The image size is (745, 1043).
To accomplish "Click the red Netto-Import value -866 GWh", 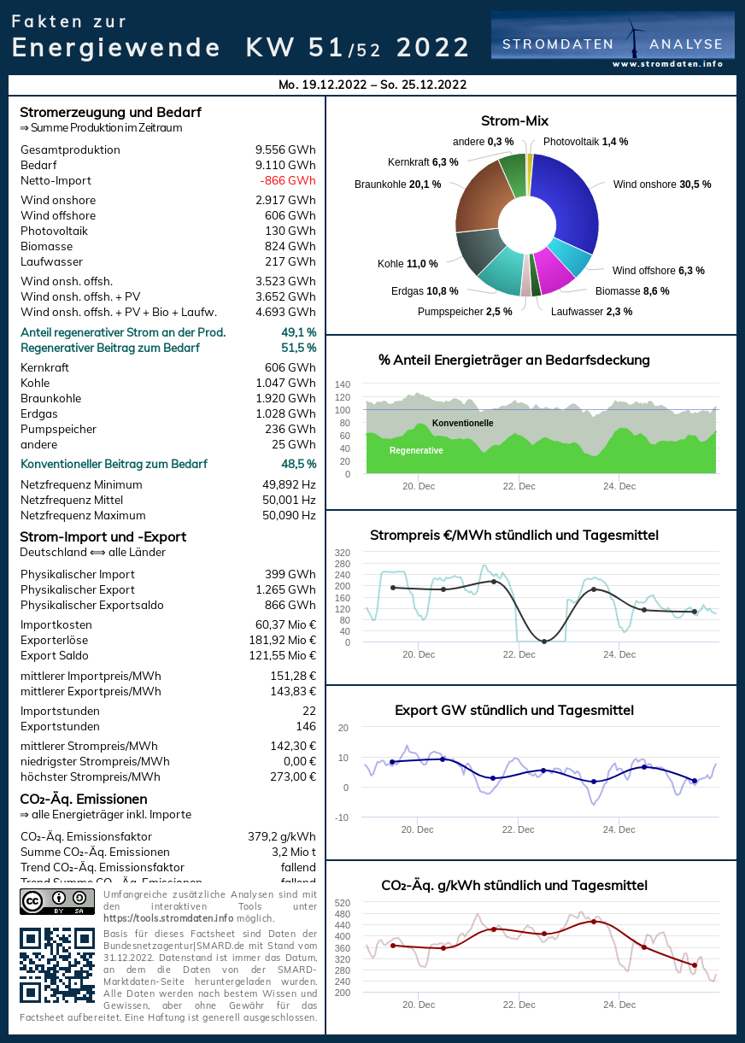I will tap(288, 181).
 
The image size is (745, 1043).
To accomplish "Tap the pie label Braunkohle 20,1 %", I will tap(397, 185).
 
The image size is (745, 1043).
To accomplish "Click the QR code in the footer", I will tap(57, 964).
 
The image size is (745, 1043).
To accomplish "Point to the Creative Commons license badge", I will tap(57, 902).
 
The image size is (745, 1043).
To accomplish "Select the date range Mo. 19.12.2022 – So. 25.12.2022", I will tap(372, 85).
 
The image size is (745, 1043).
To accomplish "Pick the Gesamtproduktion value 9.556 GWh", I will tap(285, 150).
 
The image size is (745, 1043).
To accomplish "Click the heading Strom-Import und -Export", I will tap(103, 537).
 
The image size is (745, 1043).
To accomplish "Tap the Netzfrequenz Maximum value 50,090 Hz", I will tap(289, 516).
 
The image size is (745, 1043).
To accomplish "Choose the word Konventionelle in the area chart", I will tap(462, 424).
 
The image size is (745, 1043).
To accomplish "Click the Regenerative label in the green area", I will tap(416, 451).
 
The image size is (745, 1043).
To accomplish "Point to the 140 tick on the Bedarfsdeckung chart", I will tap(342, 384).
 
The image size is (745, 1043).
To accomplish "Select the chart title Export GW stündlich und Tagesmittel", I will tap(514, 711).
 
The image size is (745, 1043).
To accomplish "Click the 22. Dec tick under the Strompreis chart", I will tap(519, 654).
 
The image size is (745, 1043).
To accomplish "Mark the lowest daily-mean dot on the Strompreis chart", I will tap(544, 642).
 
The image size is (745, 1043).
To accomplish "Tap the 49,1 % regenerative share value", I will tap(298, 332).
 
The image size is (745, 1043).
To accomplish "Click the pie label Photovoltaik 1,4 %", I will tap(585, 142).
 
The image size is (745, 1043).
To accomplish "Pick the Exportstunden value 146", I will tap(306, 727).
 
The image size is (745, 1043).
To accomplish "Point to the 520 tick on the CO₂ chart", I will tap(342, 903).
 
